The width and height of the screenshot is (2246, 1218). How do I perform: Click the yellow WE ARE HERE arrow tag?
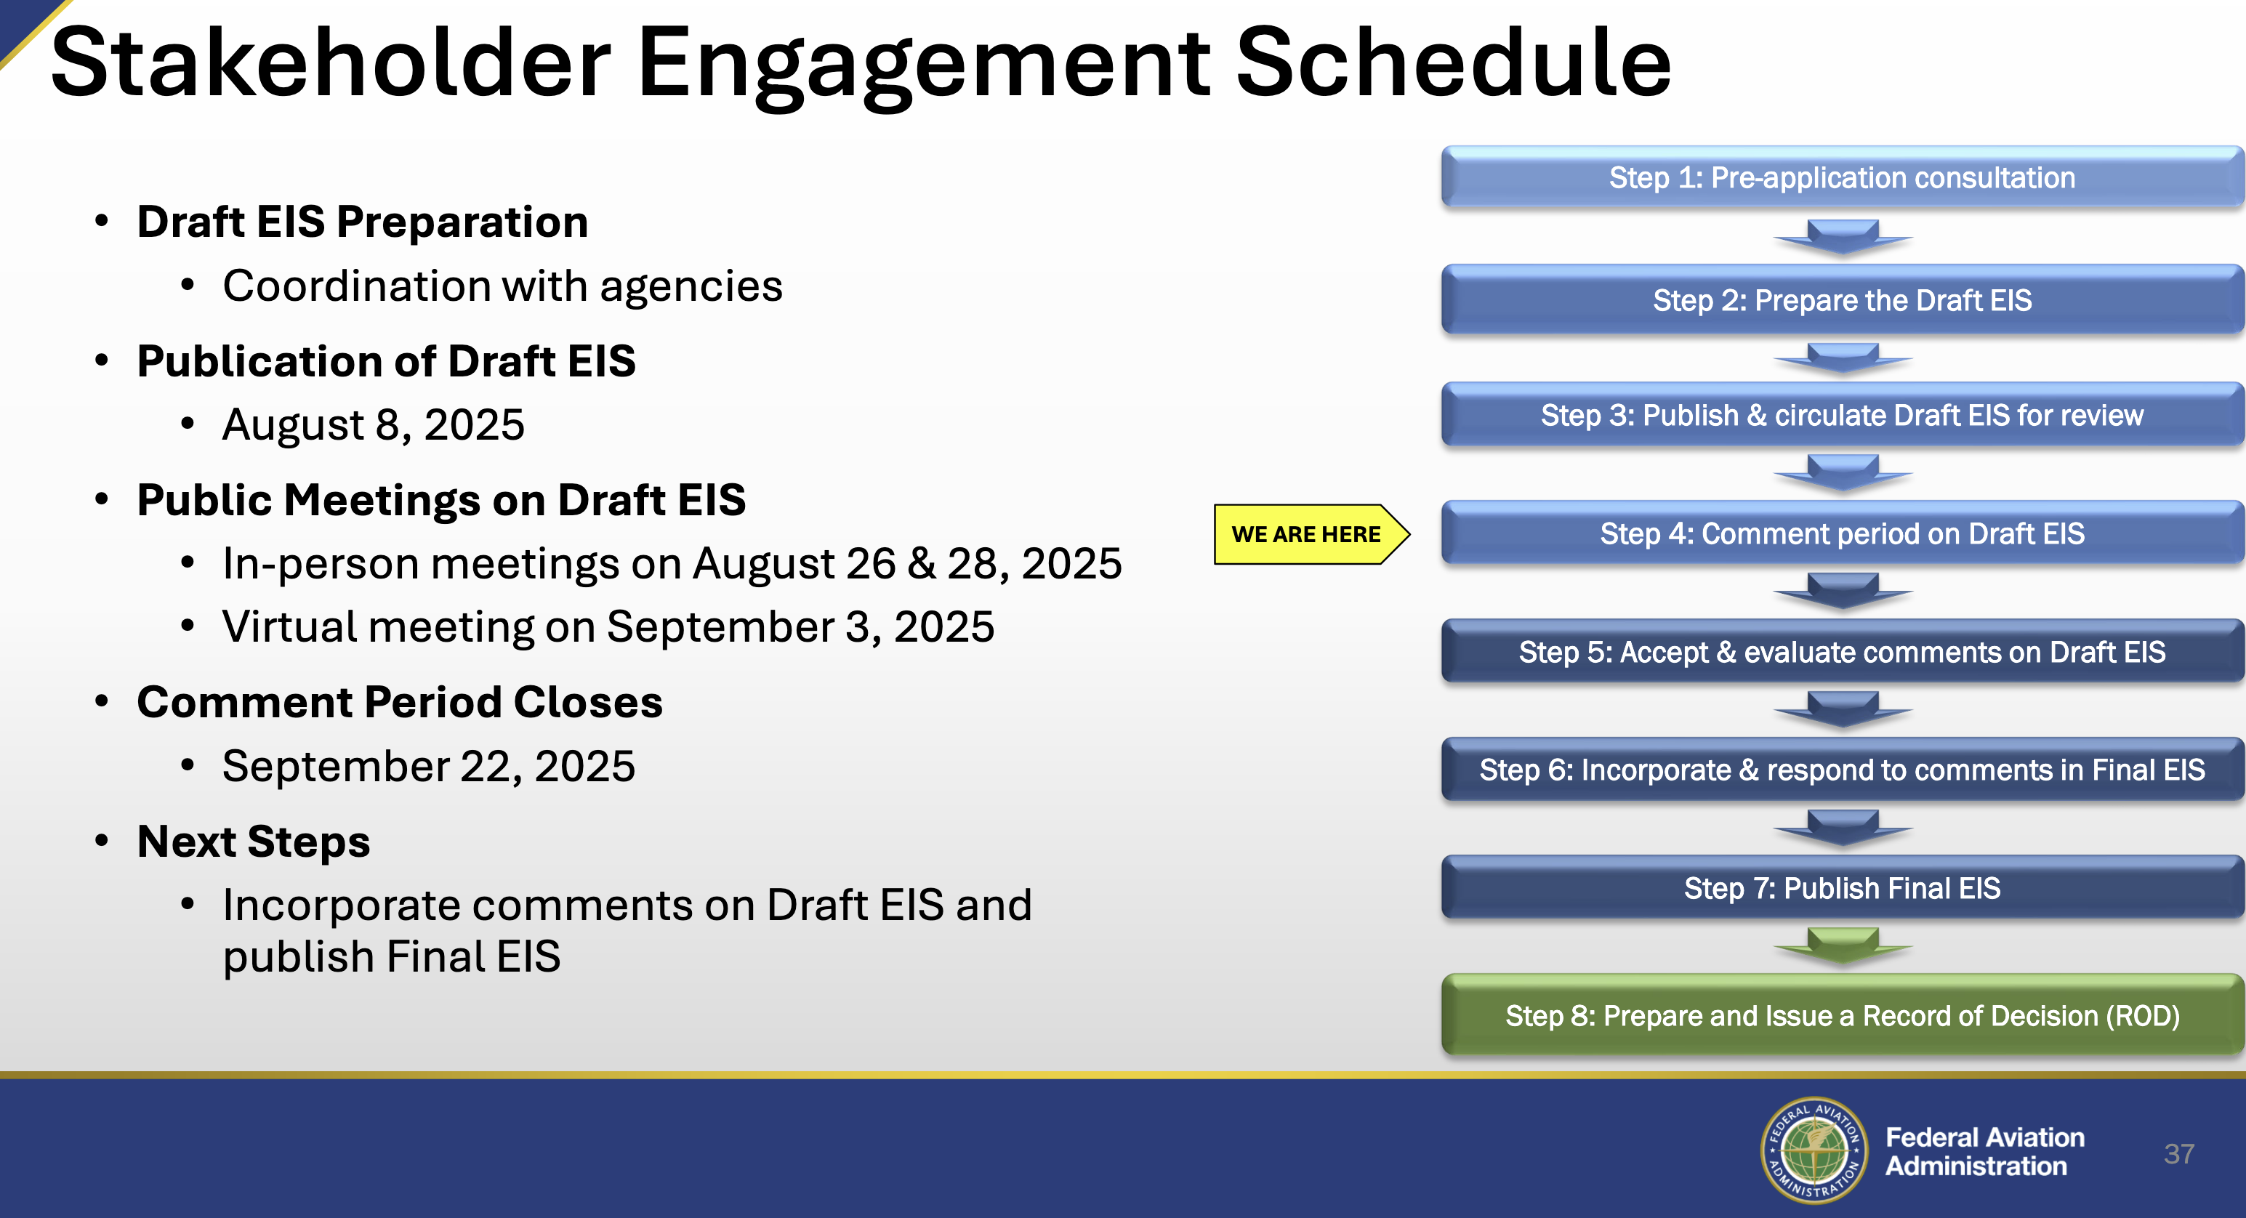(x=1311, y=534)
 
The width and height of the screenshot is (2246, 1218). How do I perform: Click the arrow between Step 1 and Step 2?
(x=1843, y=236)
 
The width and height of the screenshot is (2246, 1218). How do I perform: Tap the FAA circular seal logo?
(x=1814, y=1150)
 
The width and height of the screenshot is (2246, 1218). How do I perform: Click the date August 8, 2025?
(x=373, y=424)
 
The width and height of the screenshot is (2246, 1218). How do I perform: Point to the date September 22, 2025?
(x=429, y=767)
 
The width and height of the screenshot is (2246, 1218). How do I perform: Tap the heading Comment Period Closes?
(x=399, y=702)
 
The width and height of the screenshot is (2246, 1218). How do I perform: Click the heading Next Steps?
(x=254, y=842)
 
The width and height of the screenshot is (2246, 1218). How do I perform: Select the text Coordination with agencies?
(x=502, y=286)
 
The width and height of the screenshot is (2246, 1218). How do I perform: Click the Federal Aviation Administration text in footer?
(x=1984, y=1151)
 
